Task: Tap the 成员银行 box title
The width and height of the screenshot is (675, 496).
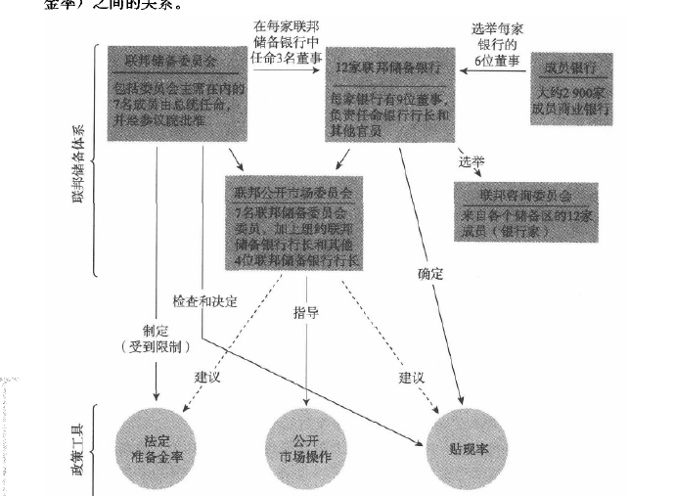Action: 571,70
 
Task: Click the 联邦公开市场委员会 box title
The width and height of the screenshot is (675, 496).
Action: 291,187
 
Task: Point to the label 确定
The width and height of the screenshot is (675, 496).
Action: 430,275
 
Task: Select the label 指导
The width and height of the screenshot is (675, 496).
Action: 307,313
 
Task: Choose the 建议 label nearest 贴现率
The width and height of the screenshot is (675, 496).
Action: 412,376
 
